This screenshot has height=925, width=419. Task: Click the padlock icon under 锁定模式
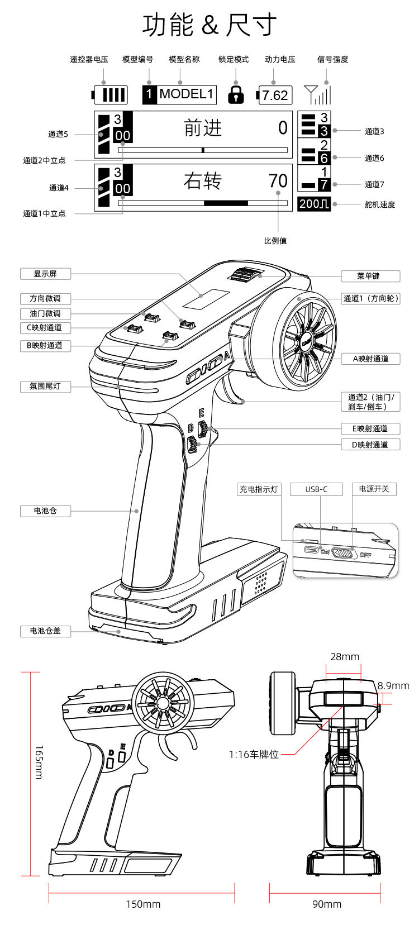tap(236, 94)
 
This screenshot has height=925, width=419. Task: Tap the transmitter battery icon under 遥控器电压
tap(109, 95)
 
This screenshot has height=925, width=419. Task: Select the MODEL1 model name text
tap(186, 94)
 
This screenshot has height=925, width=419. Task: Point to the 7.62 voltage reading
tap(274, 95)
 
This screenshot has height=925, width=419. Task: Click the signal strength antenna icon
tap(317, 94)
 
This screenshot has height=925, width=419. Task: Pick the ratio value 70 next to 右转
tap(278, 181)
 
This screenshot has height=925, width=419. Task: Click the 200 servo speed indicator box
tap(314, 204)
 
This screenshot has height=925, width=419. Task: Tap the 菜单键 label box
tap(370, 276)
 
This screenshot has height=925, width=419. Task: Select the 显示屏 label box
tap(45, 274)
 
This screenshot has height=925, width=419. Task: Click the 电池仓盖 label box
tap(45, 631)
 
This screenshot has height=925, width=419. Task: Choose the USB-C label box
tap(317, 489)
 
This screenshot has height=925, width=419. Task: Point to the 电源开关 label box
tap(374, 489)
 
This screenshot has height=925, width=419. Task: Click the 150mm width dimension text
tap(143, 904)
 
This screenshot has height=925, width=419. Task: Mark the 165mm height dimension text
tap(39, 762)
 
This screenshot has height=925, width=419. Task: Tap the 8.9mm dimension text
tap(393, 686)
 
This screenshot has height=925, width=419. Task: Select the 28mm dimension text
tap(345, 656)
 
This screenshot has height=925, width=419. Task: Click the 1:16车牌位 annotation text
tap(254, 755)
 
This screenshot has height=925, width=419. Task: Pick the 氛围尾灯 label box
tap(45, 387)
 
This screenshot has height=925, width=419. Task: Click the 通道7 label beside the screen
tap(374, 184)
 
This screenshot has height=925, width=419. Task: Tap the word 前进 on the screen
tap(203, 127)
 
